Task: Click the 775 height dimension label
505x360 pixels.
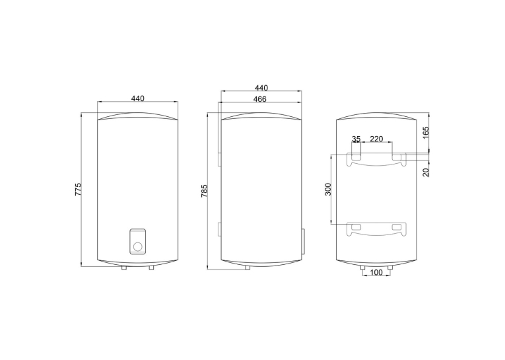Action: (x=79, y=190)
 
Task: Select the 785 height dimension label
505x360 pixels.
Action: (x=204, y=191)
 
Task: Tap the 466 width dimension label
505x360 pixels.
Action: (x=259, y=99)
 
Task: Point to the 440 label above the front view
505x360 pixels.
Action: (x=138, y=98)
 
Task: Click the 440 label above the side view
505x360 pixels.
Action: (x=261, y=88)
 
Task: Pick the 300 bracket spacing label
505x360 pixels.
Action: (x=328, y=189)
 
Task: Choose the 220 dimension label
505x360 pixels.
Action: (x=376, y=139)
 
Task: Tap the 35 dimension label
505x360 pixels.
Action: (x=356, y=139)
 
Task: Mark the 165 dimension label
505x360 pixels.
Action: (x=426, y=133)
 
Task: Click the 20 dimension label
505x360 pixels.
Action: (x=426, y=172)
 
